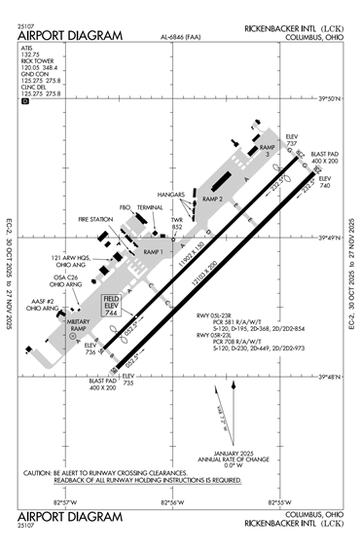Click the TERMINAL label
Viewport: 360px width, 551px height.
click(150, 207)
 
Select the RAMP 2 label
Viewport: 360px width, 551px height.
click(212, 199)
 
